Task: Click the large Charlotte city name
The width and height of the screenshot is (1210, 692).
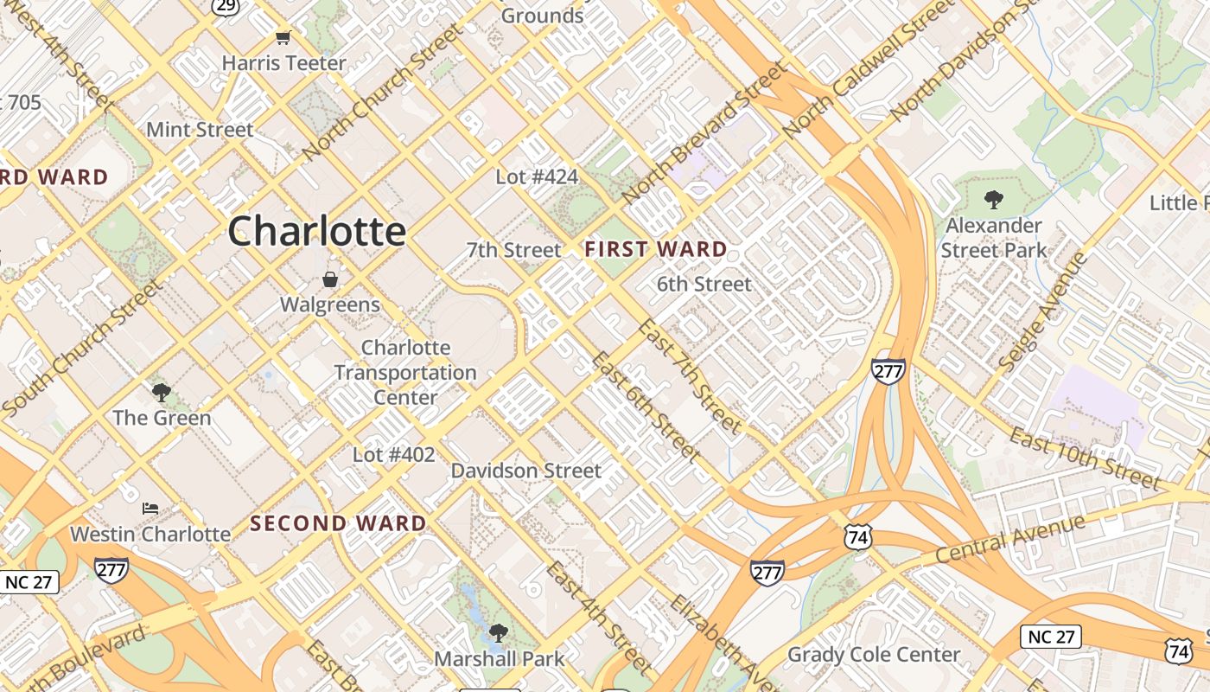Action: click(x=317, y=231)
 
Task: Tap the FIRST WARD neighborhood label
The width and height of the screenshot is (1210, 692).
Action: click(x=655, y=249)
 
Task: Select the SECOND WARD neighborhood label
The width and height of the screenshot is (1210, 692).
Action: click(x=338, y=523)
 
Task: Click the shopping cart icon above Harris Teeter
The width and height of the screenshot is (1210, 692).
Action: click(x=283, y=37)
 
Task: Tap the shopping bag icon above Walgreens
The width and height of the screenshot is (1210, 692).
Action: click(x=329, y=279)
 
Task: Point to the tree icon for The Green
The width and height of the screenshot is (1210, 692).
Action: click(x=161, y=393)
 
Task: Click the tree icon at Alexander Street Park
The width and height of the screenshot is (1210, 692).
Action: click(x=994, y=200)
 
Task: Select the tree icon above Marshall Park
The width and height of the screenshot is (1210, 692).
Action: click(x=498, y=633)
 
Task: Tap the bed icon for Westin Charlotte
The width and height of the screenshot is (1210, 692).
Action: click(x=150, y=508)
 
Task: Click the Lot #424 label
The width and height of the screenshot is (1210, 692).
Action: click(x=537, y=176)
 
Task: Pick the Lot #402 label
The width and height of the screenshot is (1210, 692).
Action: click(x=394, y=454)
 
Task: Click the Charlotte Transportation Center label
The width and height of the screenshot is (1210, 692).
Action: click(x=405, y=372)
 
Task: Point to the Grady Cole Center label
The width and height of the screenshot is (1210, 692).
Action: click(x=874, y=654)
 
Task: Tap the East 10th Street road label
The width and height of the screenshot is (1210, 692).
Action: click(x=1085, y=458)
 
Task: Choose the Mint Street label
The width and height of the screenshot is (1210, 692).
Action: click(x=200, y=130)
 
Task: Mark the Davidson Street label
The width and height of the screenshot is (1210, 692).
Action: click(x=525, y=471)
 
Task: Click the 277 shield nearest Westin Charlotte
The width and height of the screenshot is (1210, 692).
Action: click(x=111, y=569)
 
